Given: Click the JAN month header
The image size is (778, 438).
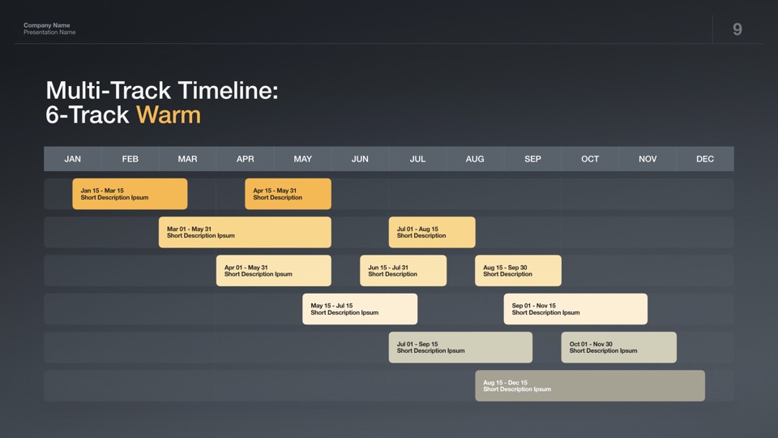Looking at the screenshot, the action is (x=72, y=159).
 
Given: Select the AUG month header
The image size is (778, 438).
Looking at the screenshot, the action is (x=475, y=159).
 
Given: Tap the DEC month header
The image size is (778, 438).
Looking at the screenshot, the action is (x=705, y=159).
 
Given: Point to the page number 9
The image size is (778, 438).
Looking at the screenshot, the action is (x=737, y=29).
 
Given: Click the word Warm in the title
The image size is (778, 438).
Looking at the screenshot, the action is (x=169, y=114).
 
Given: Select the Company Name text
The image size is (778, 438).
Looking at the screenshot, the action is (x=47, y=25).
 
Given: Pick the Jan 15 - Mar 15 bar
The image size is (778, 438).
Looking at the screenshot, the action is (x=130, y=194).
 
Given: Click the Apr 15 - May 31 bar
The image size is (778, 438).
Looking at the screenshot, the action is (x=288, y=194).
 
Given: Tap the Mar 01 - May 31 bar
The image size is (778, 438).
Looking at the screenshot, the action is (x=245, y=232).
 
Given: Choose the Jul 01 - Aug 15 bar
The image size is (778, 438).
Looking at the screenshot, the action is (x=432, y=232).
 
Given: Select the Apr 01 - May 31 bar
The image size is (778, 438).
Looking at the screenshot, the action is (x=273, y=271).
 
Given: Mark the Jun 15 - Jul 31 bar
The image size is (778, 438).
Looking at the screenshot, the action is (x=403, y=271).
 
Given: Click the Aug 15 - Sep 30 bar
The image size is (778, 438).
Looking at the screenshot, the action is (x=518, y=271).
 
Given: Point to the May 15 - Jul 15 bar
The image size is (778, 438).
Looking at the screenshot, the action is (x=360, y=309).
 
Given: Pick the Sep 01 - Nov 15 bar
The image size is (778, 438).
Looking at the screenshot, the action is (x=575, y=309).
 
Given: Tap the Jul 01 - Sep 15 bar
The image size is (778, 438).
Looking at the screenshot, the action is (x=460, y=347).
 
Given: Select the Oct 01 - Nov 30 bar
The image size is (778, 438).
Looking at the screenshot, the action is (x=618, y=347).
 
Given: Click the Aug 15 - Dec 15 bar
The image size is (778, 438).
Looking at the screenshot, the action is (x=590, y=385).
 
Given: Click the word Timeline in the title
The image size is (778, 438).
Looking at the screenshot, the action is (x=227, y=90).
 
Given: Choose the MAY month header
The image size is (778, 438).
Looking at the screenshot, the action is (x=302, y=159).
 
